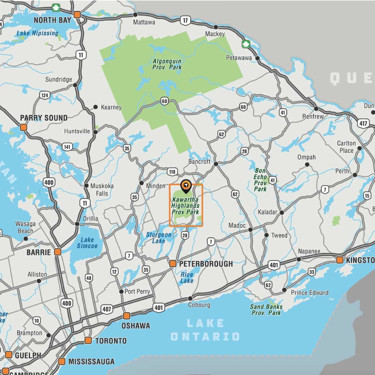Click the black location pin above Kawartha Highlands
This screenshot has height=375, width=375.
186,186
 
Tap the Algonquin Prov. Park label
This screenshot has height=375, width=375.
167,64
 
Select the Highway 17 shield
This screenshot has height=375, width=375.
185,21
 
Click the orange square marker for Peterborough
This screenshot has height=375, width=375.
172,264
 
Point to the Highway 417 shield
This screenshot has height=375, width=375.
363,123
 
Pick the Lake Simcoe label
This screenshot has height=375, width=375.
87,243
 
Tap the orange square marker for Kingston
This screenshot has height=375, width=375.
340,260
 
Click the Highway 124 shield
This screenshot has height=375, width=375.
45,95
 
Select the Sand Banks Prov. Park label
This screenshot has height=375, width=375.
266,310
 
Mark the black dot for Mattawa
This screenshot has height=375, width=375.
135,15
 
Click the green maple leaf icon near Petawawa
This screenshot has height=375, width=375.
246,44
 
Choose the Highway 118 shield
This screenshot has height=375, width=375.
172,172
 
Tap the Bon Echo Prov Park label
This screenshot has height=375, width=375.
260,180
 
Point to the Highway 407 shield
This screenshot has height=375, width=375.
107,309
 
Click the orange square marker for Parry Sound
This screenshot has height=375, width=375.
23,127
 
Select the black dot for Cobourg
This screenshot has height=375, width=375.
190,298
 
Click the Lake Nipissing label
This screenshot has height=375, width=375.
37,33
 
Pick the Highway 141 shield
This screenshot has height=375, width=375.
67,147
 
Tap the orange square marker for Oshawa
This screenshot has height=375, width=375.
127,315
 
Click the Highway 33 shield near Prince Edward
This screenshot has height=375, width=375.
312,272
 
